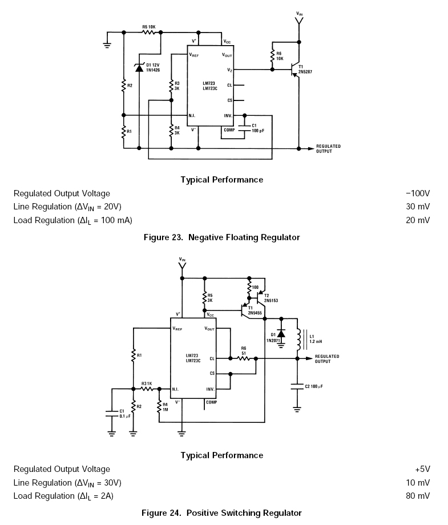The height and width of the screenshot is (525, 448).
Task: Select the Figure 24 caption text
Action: [221, 513]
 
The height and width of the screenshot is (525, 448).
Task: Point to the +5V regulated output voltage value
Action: [422, 469]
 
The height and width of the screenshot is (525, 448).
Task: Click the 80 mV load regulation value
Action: [418, 496]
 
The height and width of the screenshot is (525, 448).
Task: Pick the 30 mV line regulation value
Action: [418, 207]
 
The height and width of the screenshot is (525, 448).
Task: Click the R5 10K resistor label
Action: [149, 27]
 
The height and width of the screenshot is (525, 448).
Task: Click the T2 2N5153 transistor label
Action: [271, 298]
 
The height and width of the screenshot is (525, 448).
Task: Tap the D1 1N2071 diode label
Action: [272, 337]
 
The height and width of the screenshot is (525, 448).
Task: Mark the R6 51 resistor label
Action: [244, 350]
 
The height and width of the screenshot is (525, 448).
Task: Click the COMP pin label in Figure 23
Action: [229, 130]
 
